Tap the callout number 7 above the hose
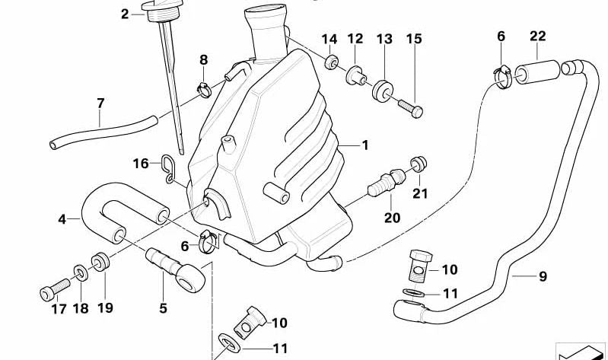pos(100,103)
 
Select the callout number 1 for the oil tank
pos(364,145)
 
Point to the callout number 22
pos(538,36)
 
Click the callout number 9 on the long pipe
pos(543,277)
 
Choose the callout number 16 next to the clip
pos(141,163)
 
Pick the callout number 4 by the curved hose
pos(62,220)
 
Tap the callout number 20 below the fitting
pos(392,218)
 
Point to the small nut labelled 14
pos(331,61)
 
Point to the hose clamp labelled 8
pos(203,91)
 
